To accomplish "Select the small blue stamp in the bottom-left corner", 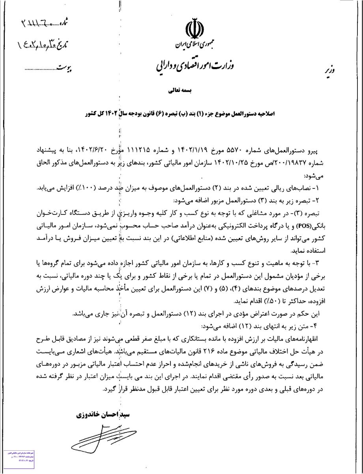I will [x=16, y=461].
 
